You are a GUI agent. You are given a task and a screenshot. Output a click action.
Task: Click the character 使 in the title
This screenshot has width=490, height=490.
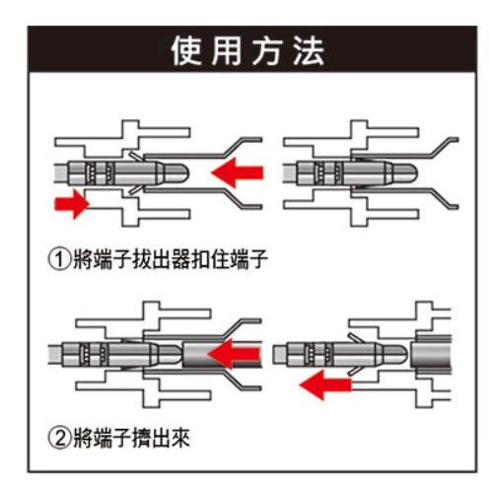click(186, 50)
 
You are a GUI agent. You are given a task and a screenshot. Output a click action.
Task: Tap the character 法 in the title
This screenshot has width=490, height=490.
click(309, 50)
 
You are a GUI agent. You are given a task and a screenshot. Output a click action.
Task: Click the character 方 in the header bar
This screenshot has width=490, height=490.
click(268, 50)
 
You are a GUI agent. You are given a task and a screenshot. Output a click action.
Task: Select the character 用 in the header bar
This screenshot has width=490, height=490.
click(227, 50)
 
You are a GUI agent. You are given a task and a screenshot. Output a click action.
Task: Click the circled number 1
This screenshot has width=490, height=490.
click(59, 259)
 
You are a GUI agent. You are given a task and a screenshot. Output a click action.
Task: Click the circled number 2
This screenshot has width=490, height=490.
click(59, 438)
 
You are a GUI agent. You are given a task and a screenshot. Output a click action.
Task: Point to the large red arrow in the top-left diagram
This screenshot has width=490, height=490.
click(238, 173)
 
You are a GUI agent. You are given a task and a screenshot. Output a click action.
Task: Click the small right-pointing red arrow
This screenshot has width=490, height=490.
click(72, 204)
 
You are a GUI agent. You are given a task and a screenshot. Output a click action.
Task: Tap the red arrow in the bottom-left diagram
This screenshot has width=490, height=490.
click(234, 354)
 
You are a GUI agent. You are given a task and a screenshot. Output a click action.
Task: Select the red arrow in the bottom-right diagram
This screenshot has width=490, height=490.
click(325, 385)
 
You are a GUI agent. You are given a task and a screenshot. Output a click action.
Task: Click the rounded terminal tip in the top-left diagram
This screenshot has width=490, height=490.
click(176, 173)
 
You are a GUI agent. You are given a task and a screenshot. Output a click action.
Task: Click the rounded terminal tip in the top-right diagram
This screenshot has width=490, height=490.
click(405, 173)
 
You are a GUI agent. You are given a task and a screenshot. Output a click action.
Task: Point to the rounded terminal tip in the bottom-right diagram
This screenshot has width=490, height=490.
click(395, 354)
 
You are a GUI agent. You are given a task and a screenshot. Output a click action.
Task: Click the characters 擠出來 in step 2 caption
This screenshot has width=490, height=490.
click(161, 438)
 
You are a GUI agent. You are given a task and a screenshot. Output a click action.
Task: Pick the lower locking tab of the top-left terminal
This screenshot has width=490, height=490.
click(136, 189)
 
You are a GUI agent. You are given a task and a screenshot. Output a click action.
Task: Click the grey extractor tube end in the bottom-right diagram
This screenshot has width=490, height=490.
click(431, 354)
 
